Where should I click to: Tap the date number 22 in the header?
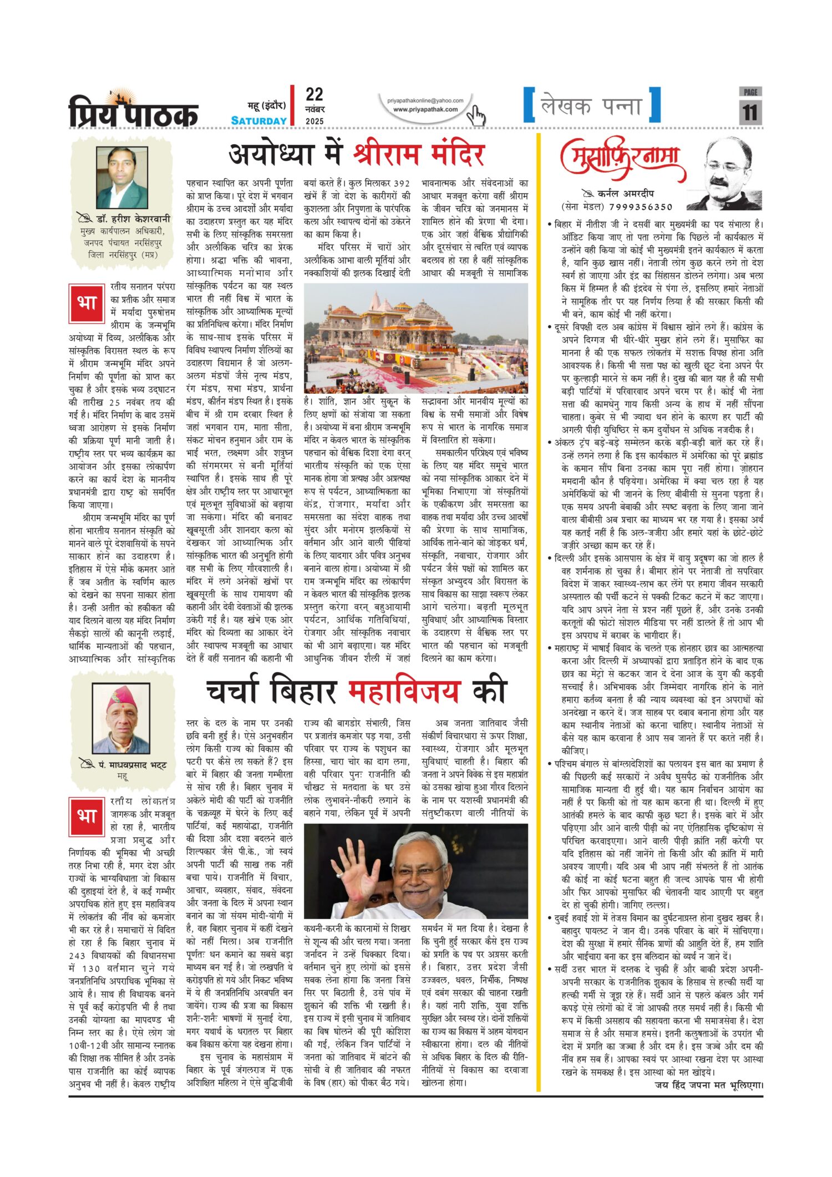[314, 95]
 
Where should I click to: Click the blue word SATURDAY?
[258, 121]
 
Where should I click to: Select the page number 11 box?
[750, 111]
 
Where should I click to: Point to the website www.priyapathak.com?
[425, 109]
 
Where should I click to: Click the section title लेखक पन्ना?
[591, 105]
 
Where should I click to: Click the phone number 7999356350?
[641, 207]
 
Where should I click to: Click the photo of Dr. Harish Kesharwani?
[122, 177]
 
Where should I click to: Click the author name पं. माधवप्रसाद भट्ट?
[131, 765]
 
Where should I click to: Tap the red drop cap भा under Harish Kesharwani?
[87, 303]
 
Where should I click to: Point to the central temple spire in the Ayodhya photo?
[376, 304]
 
